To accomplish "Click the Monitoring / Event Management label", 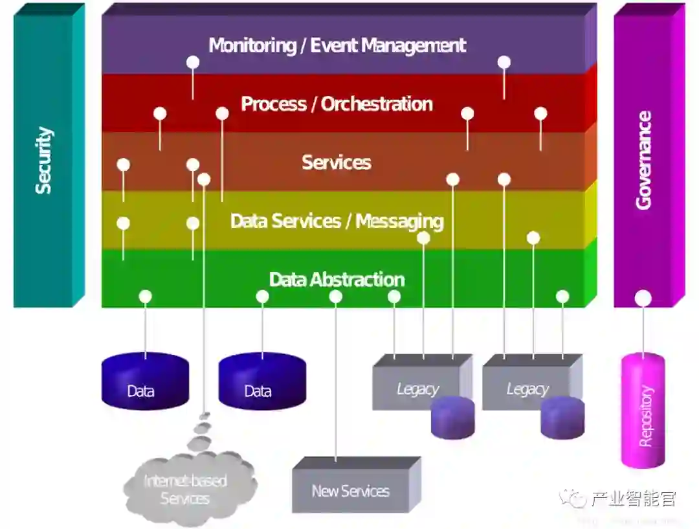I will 337,45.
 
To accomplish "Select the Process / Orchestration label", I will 337,104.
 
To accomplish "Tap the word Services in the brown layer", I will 337,162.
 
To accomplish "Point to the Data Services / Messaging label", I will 337,221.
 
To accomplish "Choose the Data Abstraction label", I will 337,279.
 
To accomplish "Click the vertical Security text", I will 43,160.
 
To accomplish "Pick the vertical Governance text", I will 643,160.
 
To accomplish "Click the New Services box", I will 351,491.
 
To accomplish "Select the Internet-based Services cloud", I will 186,490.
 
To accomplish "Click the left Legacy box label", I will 417,389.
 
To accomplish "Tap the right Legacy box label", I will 527,389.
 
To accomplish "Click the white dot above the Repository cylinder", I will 643,298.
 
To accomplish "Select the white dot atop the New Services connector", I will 336,297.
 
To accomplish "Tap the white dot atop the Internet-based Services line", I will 204,179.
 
